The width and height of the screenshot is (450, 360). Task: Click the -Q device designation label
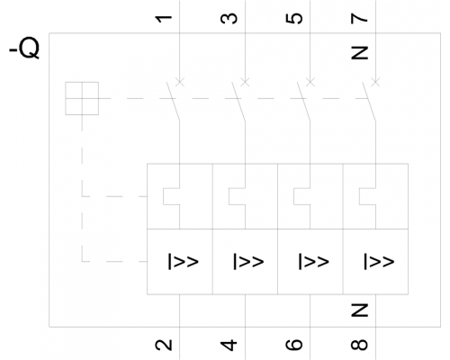(x=24, y=48)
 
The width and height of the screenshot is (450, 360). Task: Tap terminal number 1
(x=164, y=19)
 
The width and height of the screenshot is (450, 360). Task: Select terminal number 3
(x=229, y=19)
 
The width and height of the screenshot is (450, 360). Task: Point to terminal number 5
(x=294, y=18)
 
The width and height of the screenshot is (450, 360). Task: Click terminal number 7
(x=359, y=19)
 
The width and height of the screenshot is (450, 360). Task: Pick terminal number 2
(x=164, y=345)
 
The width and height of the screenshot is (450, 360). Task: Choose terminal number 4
(x=229, y=346)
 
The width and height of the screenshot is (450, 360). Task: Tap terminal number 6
(x=294, y=345)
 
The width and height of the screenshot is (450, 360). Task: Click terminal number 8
(x=359, y=345)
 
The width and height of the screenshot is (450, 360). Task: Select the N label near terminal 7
(x=359, y=53)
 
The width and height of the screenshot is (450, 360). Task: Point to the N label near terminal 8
(x=359, y=310)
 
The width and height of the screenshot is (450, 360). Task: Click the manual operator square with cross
(x=82, y=98)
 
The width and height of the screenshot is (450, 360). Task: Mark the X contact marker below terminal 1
(x=179, y=81)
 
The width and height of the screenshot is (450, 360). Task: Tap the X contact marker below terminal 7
(x=375, y=81)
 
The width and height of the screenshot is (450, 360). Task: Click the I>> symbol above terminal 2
(x=183, y=262)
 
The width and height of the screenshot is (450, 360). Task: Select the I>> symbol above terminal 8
(x=379, y=262)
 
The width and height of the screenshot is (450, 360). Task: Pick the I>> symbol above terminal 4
(x=248, y=262)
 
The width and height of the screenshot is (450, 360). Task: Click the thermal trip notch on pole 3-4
(x=238, y=196)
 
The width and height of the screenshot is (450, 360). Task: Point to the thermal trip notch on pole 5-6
(x=302, y=196)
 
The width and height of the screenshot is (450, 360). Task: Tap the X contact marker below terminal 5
(x=310, y=81)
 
